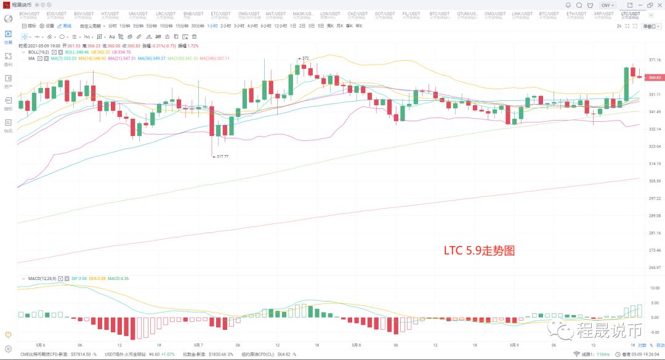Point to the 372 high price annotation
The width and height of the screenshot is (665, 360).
(x=304, y=58)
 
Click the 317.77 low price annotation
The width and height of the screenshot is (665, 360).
(x=222, y=156)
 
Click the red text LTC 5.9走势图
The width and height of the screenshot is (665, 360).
(x=478, y=251)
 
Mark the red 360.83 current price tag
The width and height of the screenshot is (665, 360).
(x=654, y=78)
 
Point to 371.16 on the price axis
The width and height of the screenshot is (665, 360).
(x=654, y=60)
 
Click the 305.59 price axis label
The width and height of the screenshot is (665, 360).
(x=654, y=181)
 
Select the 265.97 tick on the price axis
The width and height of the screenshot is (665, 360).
(x=654, y=268)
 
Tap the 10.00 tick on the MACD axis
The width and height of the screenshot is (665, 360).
(x=654, y=288)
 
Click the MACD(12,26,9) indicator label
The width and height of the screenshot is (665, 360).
(x=42, y=279)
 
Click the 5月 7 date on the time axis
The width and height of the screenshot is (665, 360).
(x=199, y=345)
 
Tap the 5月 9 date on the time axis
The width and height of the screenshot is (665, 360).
(x=515, y=345)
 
